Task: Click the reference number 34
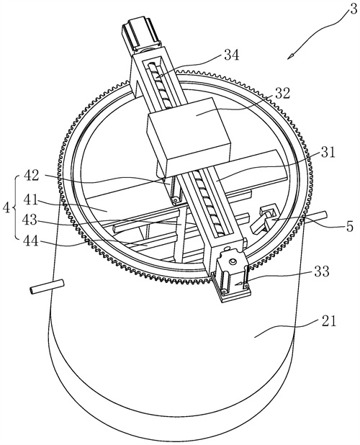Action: [x=232, y=55]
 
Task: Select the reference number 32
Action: [x=282, y=93]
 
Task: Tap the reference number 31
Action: [x=328, y=153]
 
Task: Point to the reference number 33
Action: [x=321, y=271]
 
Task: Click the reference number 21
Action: [x=328, y=322]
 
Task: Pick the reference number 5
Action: [x=349, y=226]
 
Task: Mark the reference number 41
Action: [x=31, y=200]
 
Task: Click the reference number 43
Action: [x=31, y=220]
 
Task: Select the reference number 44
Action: [x=31, y=242]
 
